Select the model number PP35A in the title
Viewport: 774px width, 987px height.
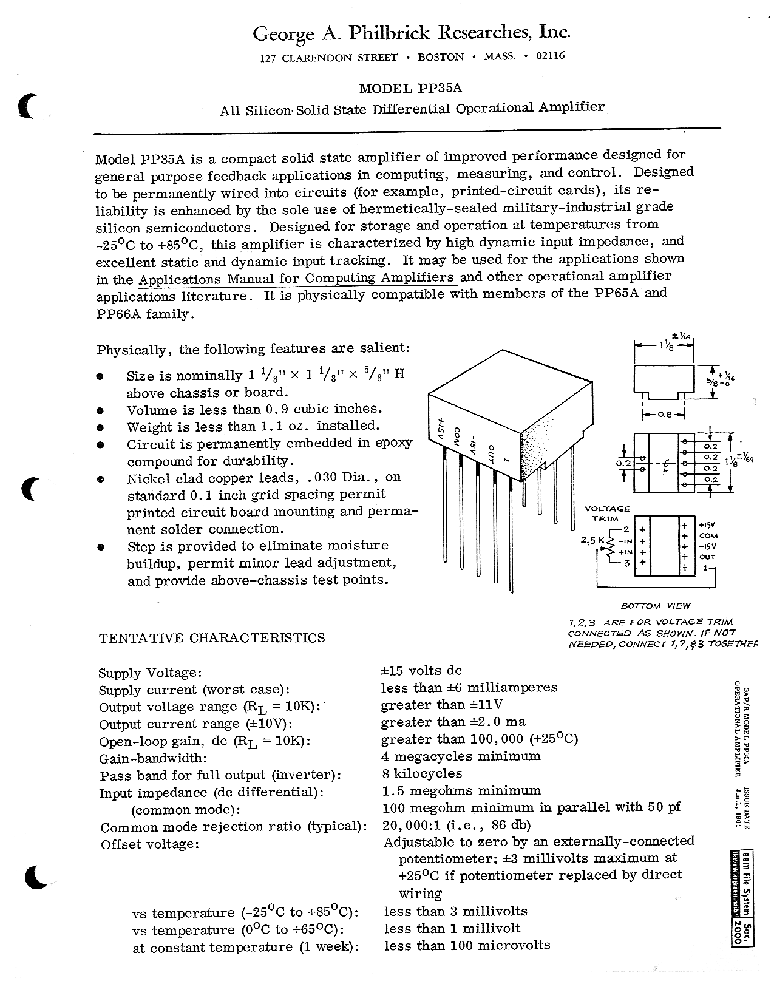(x=440, y=88)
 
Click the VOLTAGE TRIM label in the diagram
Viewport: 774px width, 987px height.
(x=606, y=514)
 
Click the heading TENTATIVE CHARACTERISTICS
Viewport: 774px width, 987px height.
(x=212, y=638)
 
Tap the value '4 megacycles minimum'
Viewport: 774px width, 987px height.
(x=461, y=756)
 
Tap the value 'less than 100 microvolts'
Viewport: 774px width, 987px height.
(x=467, y=945)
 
